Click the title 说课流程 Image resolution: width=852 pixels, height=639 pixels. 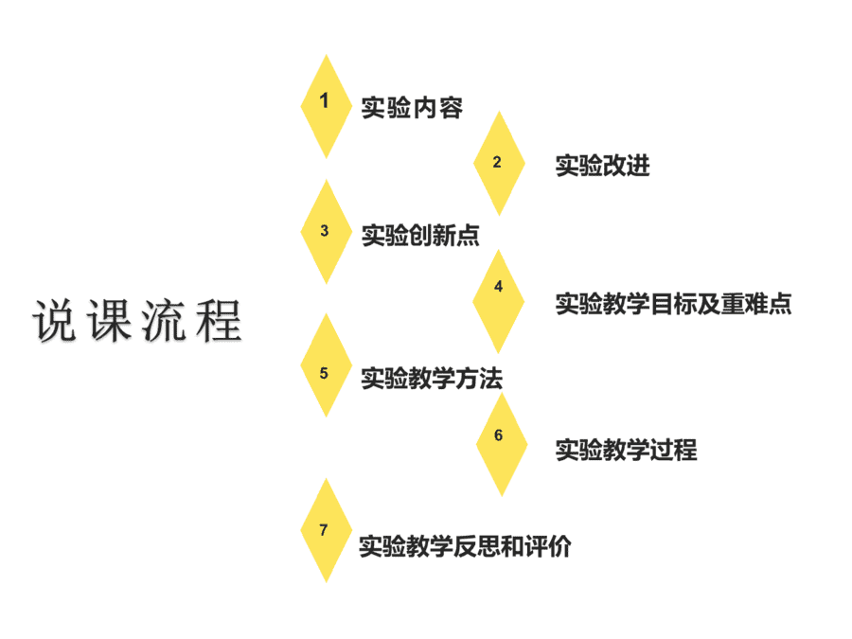137,321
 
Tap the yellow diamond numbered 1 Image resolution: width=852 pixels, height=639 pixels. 326,106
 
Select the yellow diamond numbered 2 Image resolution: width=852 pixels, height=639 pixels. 499,164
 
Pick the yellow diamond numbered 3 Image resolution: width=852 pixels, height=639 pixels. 326,232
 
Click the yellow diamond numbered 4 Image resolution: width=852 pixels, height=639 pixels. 498,302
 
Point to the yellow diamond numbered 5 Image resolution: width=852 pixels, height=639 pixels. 326,365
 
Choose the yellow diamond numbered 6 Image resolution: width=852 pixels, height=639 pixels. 502,445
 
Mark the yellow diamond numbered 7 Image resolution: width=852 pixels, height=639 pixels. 326,531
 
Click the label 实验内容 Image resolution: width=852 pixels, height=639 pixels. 412,108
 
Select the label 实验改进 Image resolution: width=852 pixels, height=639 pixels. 603,165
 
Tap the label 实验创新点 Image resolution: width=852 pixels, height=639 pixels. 420,236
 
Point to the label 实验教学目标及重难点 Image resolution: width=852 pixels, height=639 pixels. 674,304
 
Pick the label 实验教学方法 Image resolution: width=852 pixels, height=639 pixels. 432,378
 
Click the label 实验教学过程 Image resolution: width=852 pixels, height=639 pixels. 626,450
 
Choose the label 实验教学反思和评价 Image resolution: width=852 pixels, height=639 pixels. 465,546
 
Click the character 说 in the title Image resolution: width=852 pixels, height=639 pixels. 54,321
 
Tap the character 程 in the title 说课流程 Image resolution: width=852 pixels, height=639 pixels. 219,321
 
